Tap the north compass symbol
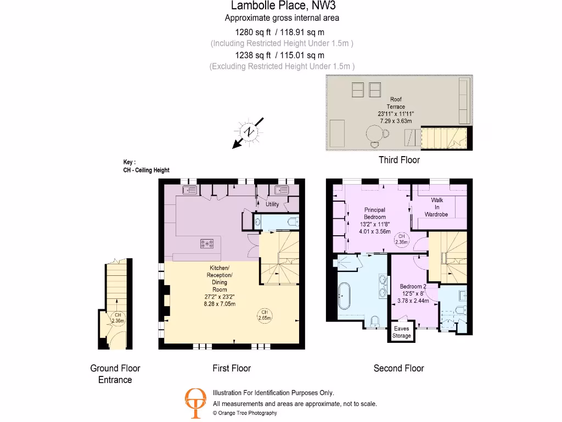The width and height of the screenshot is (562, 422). (x=249, y=132)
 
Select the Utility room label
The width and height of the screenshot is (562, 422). (x=272, y=204)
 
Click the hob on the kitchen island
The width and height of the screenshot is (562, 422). (x=207, y=243)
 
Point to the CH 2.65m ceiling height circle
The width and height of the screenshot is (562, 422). (x=265, y=315)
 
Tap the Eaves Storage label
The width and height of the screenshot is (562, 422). (x=402, y=332)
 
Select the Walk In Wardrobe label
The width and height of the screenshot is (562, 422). (x=437, y=207)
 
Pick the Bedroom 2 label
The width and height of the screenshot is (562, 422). (x=413, y=286)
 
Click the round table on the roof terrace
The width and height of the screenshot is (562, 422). (x=376, y=134)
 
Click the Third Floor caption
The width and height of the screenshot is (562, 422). (x=399, y=160)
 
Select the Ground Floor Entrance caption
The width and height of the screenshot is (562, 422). (x=115, y=374)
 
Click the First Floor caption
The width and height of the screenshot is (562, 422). (x=232, y=368)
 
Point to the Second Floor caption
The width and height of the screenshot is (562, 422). (x=398, y=368)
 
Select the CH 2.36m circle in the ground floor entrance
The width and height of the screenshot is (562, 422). (x=118, y=318)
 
